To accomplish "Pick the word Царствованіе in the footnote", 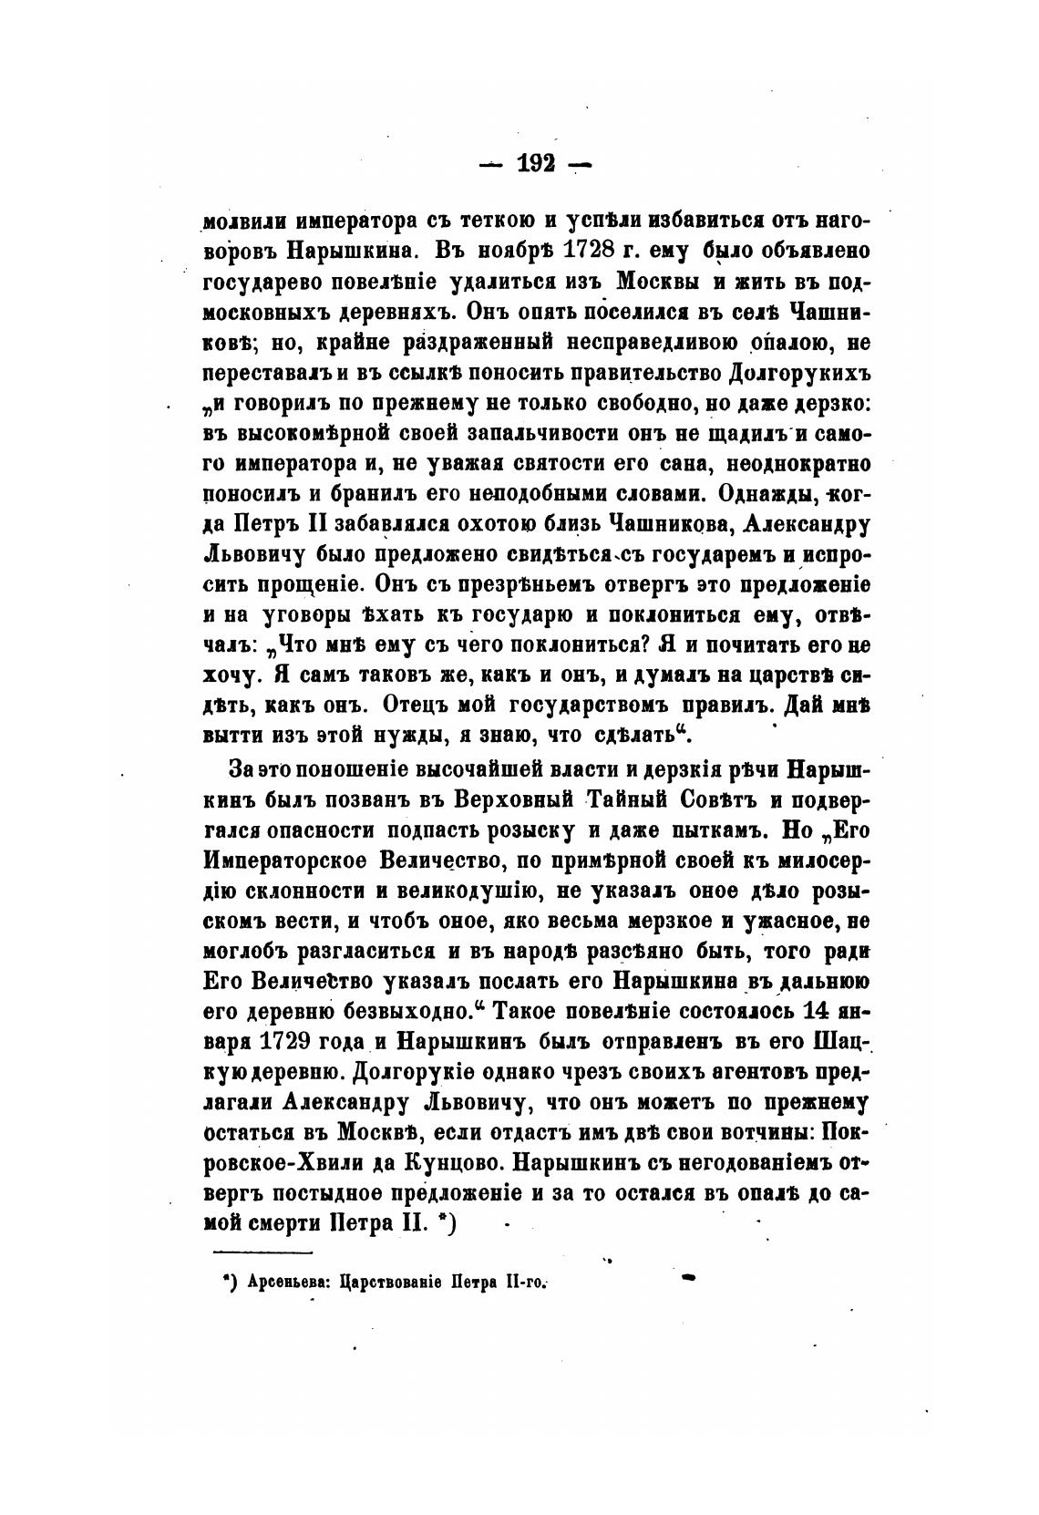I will (387, 1283).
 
